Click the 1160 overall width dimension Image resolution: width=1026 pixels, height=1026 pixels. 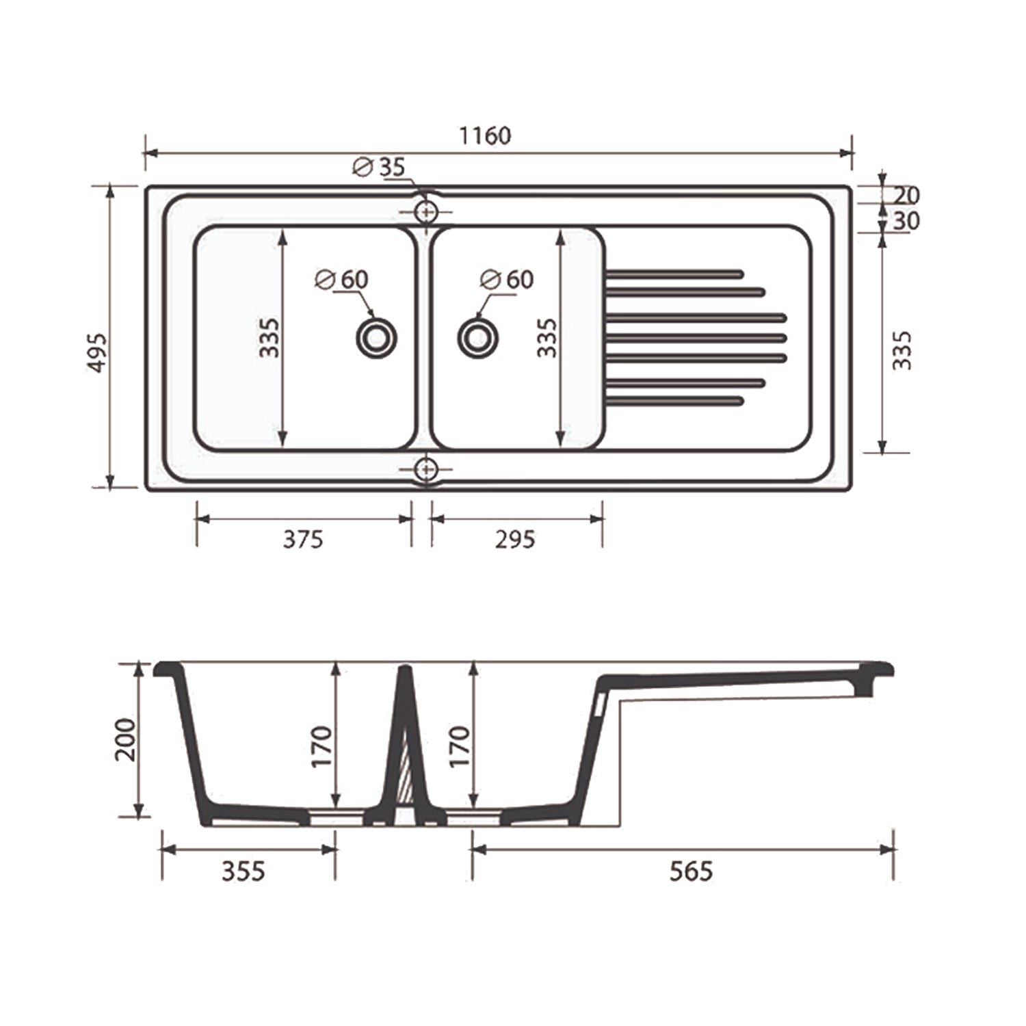tap(484, 135)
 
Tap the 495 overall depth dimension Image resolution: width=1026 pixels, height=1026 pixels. tap(98, 353)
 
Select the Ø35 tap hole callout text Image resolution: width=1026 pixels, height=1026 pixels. tap(379, 167)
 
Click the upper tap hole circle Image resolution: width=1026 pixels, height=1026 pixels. tap(426, 212)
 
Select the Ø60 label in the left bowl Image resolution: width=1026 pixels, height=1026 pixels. tap(341, 280)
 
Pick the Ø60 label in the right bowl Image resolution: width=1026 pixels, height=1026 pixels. tap(507, 280)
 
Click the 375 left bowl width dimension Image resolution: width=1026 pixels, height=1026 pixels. tap(303, 540)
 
